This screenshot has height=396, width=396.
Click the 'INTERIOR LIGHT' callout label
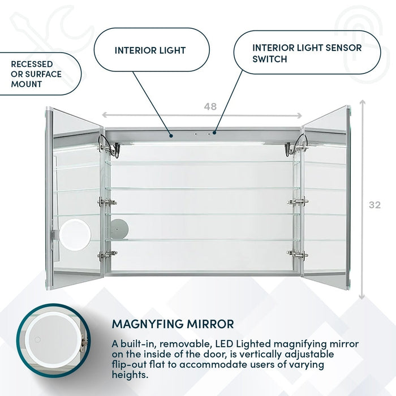(150, 50)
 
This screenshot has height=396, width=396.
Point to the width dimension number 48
(210, 106)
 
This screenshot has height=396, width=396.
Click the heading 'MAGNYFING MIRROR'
(173, 324)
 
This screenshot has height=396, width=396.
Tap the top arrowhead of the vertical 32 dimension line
(362, 104)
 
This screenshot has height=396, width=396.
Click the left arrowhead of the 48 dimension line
(105, 115)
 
